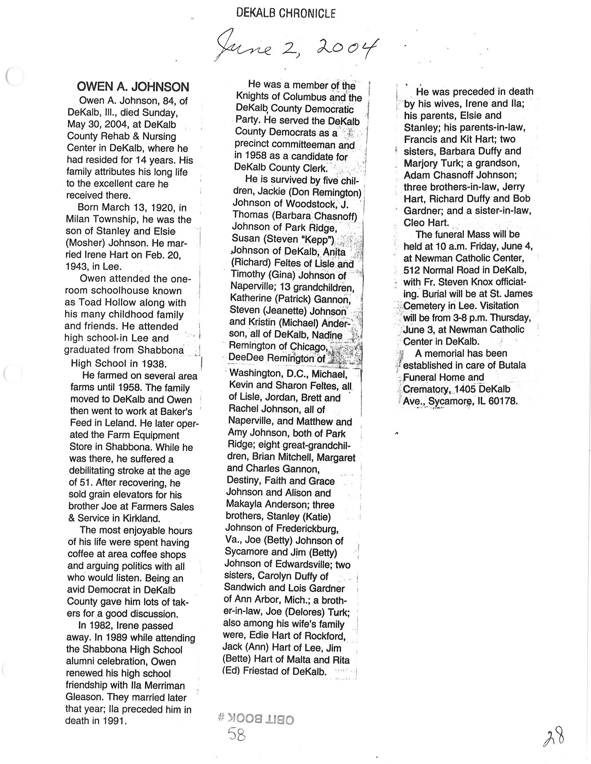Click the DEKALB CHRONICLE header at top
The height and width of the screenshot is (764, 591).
click(286, 14)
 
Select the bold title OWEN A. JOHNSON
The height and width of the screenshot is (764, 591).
click(133, 86)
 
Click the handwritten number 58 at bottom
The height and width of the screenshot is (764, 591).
click(237, 734)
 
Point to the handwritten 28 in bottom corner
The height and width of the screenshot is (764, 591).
click(554, 737)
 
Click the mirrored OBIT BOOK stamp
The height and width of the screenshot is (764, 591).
click(256, 719)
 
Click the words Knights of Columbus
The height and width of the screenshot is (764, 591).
click(281, 97)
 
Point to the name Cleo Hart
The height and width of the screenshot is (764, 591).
click(426, 222)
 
